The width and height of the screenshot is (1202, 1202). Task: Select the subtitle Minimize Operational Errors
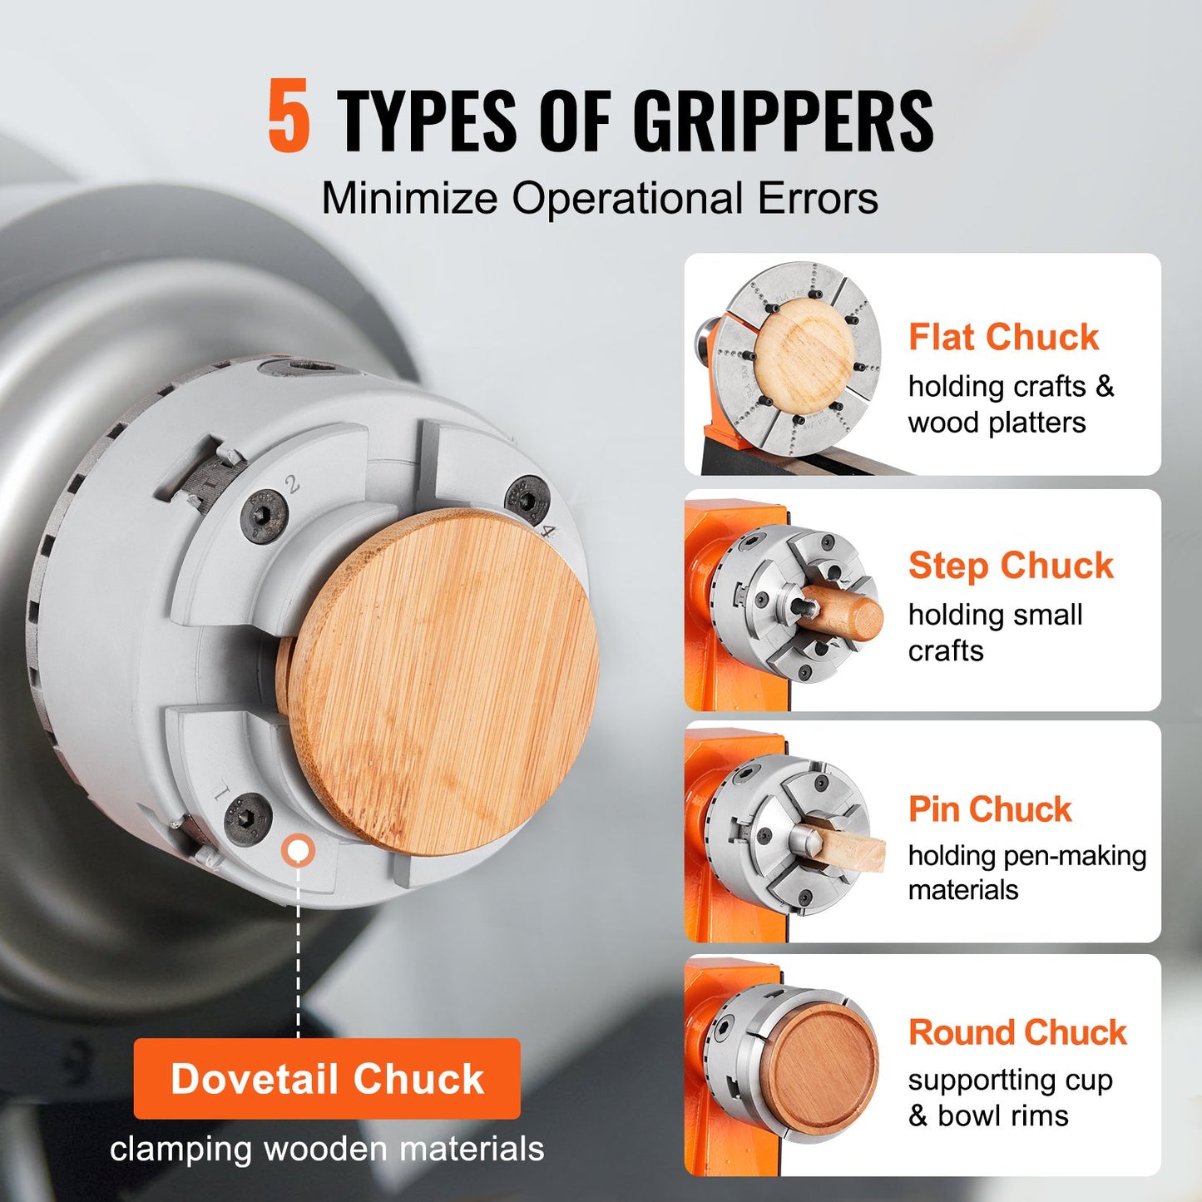pyautogui.click(x=600, y=199)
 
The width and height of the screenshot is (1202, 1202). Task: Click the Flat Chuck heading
pyautogui.click(x=1003, y=337)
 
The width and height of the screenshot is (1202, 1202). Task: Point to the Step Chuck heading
pyautogui.click(x=1010, y=566)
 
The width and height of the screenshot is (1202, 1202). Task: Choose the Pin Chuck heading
pyautogui.click(x=989, y=809)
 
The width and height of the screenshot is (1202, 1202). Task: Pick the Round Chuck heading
pyautogui.click(x=1017, y=1032)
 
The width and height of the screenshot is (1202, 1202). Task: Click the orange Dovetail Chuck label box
pyautogui.click(x=327, y=1078)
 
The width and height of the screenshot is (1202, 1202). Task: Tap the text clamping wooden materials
pyautogui.click(x=327, y=1149)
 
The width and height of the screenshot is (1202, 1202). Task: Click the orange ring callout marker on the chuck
pyautogui.click(x=298, y=850)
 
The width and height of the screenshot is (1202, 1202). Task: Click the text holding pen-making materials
pyautogui.click(x=1026, y=872)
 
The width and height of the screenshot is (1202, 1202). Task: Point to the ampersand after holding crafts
pyautogui.click(x=1105, y=386)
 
